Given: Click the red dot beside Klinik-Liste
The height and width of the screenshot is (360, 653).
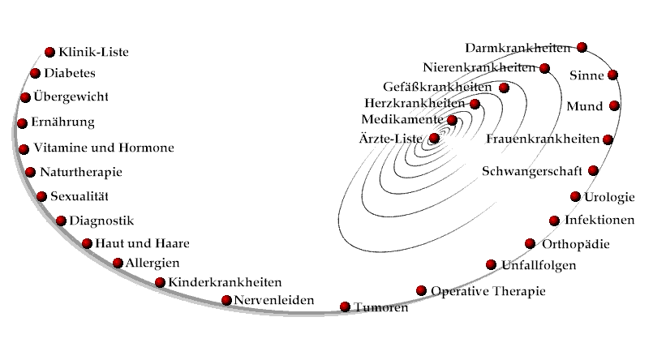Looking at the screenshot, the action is pyautogui.click(x=49, y=52).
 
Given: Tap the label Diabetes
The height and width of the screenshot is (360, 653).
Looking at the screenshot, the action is pyautogui.click(x=70, y=73).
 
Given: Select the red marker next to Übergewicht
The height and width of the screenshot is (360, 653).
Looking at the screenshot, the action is pyautogui.click(x=25, y=97).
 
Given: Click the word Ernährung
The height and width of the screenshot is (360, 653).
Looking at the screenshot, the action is pyautogui.click(x=63, y=122).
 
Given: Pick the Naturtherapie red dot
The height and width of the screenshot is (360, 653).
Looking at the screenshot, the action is pyautogui.click(x=30, y=172).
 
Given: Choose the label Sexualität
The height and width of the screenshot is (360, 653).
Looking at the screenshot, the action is pyautogui.click(x=79, y=196).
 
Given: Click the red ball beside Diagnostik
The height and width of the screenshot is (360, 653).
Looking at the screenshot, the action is pyautogui.click(x=61, y=221).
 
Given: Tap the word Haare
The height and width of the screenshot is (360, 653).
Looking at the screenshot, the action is pyautogui.click(x=172, y=243).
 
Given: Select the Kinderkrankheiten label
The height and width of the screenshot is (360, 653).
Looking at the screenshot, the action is pyautogui.click(x=225, y=282).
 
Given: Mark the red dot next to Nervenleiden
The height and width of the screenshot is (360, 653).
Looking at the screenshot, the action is pyautogui.click(x=226, y=300).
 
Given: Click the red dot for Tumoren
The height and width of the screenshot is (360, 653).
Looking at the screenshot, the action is pyautogui.click(x=345, y=307).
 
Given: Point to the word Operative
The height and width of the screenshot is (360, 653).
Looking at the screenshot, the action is pyautogui.click(x=458, y=291).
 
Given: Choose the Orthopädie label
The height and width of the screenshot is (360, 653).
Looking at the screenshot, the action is pyautogui.click(x=576, y=244).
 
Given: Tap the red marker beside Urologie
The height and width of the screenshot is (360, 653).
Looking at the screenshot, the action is pyautogui.click(x=575, y=196).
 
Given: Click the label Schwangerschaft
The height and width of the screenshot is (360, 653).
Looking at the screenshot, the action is pyautogui.click(x=532, y=171).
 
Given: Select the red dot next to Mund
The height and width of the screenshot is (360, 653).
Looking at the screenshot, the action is pyautogui.click(x=614, y=105).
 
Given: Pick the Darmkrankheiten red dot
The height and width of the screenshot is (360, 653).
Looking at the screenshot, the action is pyautogui.click(x=582, y=48).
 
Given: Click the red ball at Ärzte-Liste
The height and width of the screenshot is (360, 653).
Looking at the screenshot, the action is pyautogui.click(x=434, y=138).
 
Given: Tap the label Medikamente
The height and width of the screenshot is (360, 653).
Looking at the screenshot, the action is pyautogui.click(x=402, y=119).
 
